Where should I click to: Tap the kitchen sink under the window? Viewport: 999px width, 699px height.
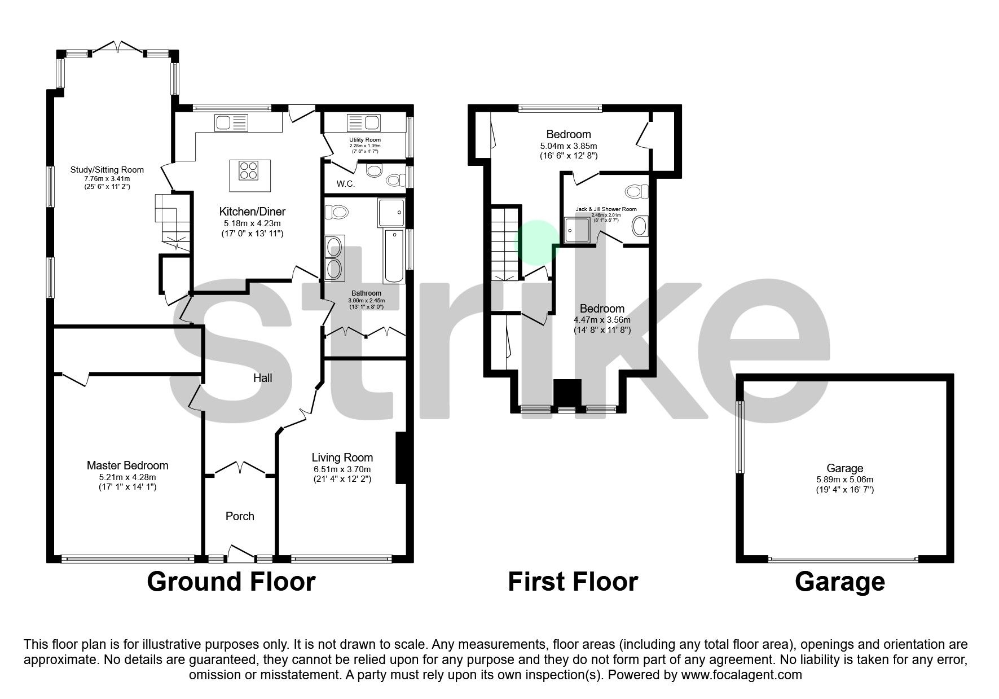point(231,122)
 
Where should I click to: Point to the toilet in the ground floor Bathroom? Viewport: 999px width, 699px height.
point(339,213)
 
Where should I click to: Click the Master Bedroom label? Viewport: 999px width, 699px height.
point(127,465)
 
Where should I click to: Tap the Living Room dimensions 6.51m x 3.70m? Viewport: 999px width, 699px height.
point(342,469)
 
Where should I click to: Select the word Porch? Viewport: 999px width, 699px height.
point(240,516)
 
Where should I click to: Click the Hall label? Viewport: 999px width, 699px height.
point(262,378)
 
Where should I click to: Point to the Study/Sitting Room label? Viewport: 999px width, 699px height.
point(107,169)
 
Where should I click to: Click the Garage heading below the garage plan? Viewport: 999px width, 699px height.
point(839,582)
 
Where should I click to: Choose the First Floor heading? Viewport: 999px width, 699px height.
point(573,582)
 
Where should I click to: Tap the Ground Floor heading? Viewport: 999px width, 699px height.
point(231,582)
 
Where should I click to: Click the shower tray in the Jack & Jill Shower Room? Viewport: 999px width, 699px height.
point(578,231)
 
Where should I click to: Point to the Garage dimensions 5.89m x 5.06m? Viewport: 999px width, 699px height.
point(844,480)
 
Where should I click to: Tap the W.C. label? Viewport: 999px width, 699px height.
point(345,183)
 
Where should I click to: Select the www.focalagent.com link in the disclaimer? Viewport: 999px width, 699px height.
point(741,674)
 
